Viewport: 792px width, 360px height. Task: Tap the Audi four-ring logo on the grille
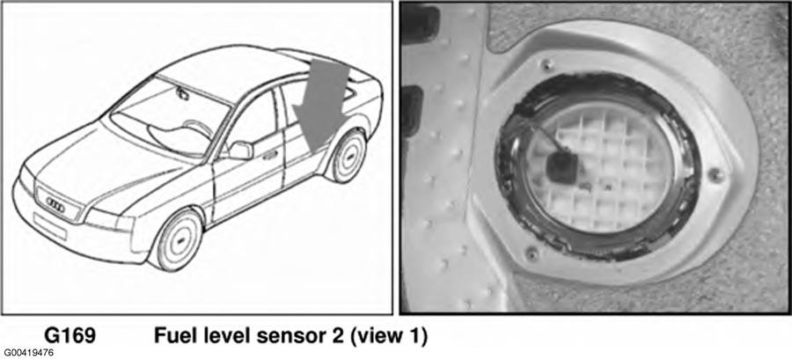point(55,202)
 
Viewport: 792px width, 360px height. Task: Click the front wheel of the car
point(177,239)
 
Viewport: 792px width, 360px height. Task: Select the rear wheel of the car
point(347,156)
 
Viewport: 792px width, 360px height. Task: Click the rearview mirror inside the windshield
point(181,92)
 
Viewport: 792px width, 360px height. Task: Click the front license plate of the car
point(50,225)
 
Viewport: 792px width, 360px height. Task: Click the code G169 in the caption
point(70,335)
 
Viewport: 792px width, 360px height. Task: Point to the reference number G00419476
point(28,353)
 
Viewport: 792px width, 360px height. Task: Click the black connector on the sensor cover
point(560,164)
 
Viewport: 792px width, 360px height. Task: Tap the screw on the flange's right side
point(715,174)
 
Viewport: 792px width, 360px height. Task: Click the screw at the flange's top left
point(545,64)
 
